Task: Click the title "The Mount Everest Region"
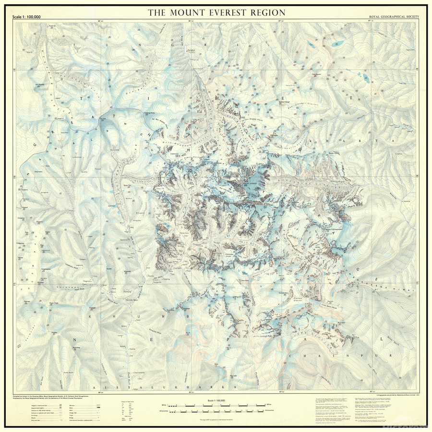pyautogui.click(x=216, y=12)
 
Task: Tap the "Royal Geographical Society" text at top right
pyautogui.click(x=392, y=17)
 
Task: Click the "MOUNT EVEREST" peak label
pyautogui.click(x=253, y=183)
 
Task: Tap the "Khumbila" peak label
pyautogui.click(x=128, y=272)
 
